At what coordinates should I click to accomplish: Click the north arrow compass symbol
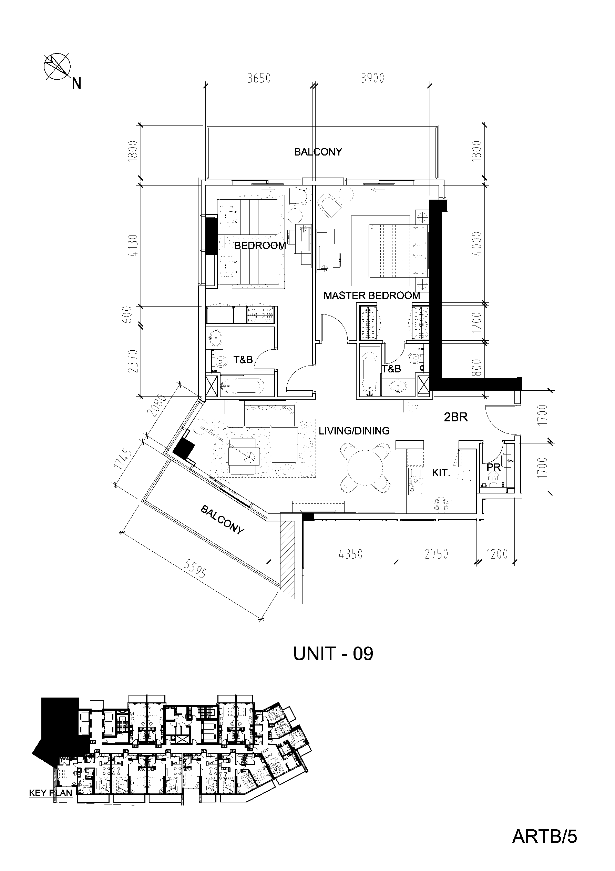pyautogui.click(x=57, y=67)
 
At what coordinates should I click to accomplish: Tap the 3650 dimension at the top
pyautogui.click(x=259, y=78)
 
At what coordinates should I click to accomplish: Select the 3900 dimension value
pyautogui.click(x=373, y=78)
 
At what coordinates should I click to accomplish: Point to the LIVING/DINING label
pyautogui.click(x=354, y=431)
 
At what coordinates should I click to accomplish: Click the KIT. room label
pyautogui.click(x=441, y=473)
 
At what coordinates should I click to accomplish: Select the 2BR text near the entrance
pyautogui.click(x=456, y=417)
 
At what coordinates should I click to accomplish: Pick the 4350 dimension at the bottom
pyautogui.click(x=351, y=554)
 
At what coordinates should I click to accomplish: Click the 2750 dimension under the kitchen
pyautogui.click(x=437, y=554)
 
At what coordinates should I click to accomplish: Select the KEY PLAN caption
pyautogui.click(x=51, y=792)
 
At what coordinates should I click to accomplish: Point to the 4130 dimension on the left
pyautogui.click(x=134, y=246)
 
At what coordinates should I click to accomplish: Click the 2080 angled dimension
pyautogui.click(x=160, y=406)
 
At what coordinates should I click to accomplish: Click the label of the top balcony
pyautogui.click(x=318, y=152)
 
